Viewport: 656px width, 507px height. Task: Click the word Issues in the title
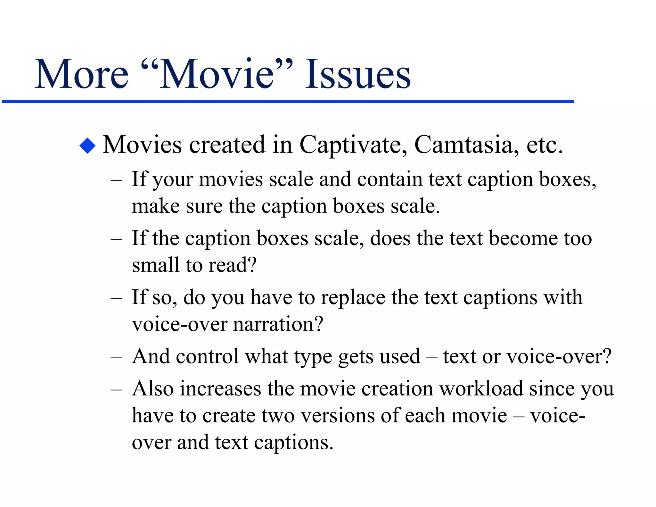(x=357, y=74)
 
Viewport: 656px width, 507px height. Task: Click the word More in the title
(x=81, y=74)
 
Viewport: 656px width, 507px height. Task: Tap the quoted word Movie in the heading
(x=217, y=74)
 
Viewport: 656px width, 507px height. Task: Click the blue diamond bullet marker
(x=87, y=146)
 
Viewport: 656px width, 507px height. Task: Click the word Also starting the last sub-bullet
(x=153, y=389)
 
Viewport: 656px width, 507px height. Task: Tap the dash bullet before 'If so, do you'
(x=116, y=298)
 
